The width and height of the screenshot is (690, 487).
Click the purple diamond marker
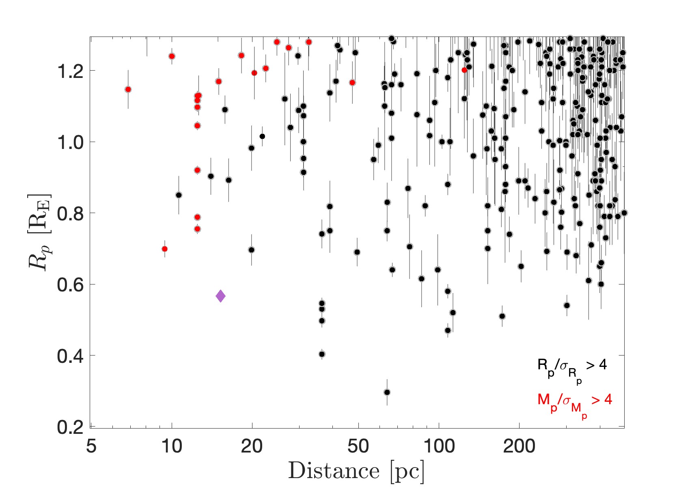pos(220,296)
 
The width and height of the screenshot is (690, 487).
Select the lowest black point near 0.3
pos(387,392)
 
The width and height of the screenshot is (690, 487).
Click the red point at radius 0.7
pos(164,249)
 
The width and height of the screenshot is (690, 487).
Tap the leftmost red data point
pos(128,89)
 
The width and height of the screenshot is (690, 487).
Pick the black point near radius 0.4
pos(322,354)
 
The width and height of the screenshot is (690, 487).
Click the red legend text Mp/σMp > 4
pos(574,403)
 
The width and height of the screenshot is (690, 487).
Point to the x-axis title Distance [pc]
pos(356,471)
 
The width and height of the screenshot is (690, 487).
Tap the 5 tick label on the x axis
pos(91,446)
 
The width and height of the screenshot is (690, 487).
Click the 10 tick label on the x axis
pos(172,446)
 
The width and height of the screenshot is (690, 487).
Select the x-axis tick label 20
pos(252,446)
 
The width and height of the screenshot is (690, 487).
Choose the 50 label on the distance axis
pos(358,446)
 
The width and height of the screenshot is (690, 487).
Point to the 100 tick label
pos(439,446)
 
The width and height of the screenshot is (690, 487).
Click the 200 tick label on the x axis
pos(519,446)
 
